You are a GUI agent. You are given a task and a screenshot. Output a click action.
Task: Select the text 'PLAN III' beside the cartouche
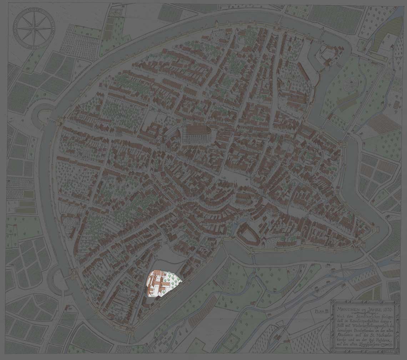[321, 311]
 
